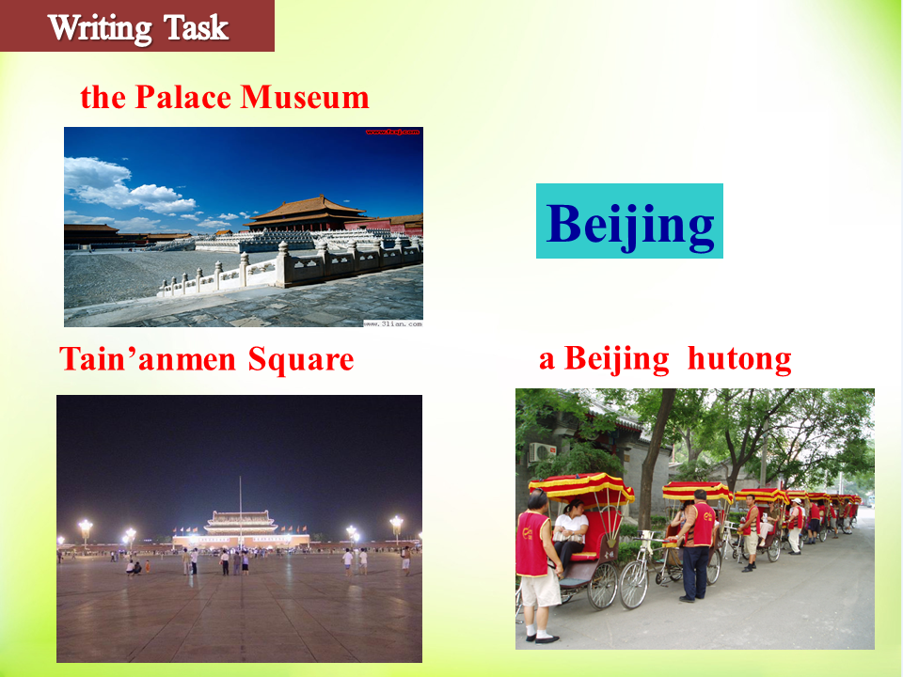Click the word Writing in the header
[x=100, y=27]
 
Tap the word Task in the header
[x=196, y=26]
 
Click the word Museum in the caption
[x=305, y=97]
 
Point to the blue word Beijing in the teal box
[x=630, y=225]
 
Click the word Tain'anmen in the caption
[x=148, y=359]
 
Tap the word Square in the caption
[x=301, y=361]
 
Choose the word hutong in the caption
[x=739, y=359]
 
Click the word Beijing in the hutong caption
[x=617, y=360]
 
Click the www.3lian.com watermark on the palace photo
[x=393, y=323]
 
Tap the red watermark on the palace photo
[x=392, y=132]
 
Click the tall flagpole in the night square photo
[x=240, y=512]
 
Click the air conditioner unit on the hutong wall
[x=542, y=452]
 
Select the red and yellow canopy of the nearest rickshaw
[x=581, y=487]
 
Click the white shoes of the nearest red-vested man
[x=542, y=638]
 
